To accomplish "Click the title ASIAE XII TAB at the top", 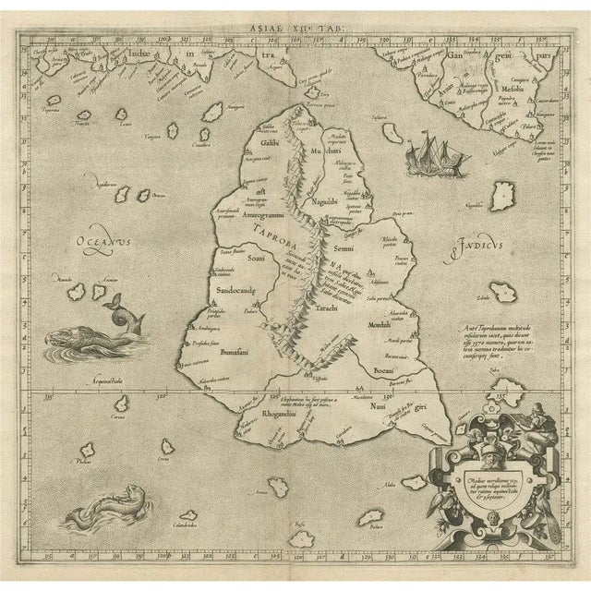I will (x=295, y=30).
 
